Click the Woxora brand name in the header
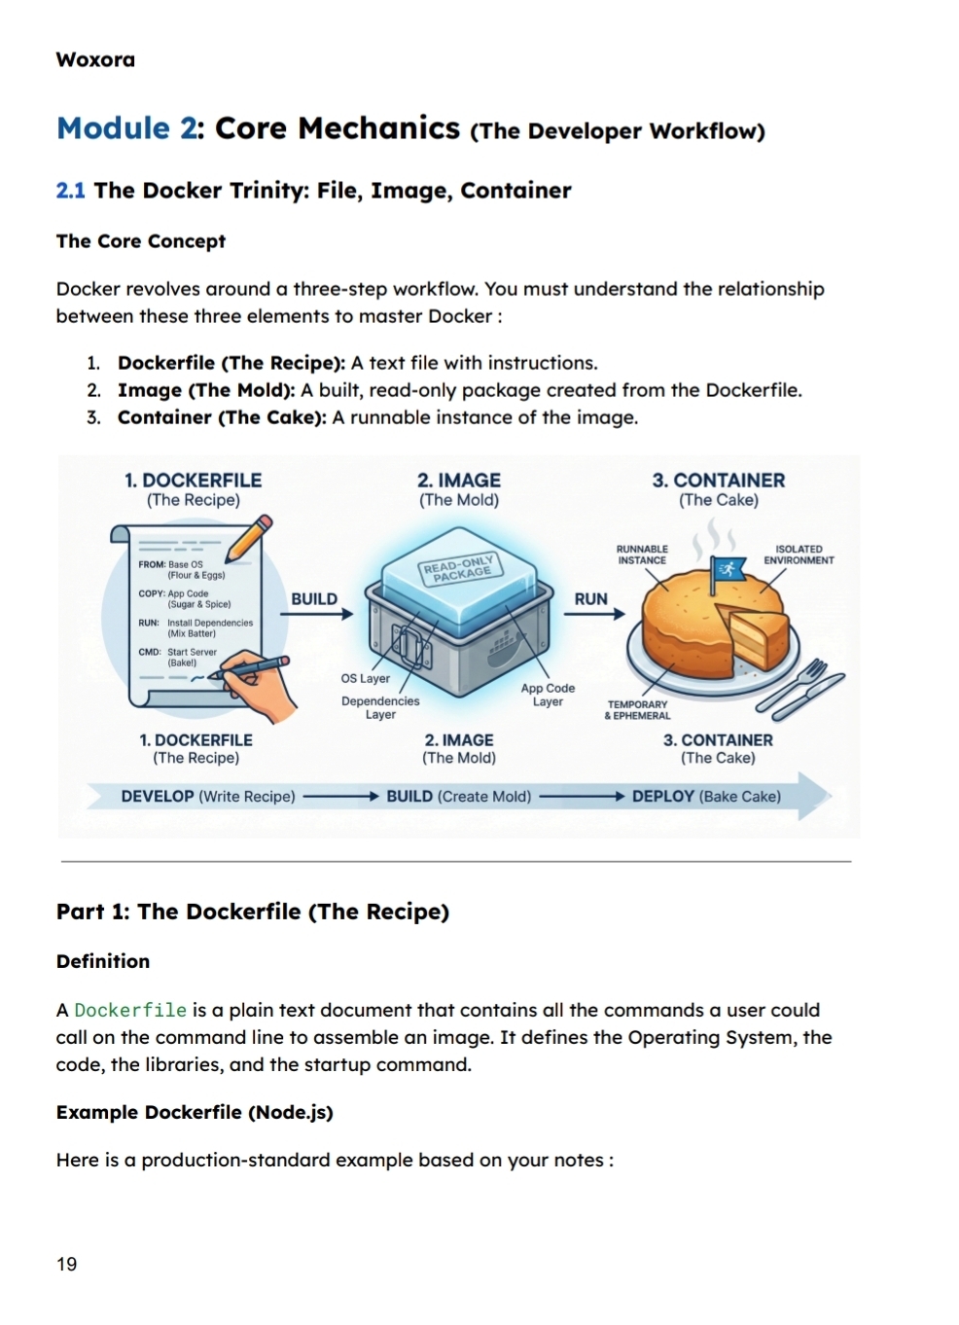pos(95,59)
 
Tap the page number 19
pos(66,1264)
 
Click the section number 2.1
pos(70,191)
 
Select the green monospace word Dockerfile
pos(130,1010)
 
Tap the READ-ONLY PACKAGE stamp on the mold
pos(458,568)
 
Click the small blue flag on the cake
pos(726,568)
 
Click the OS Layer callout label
pos(365,679)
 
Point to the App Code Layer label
pos(548,695)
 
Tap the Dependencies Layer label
pos(380,707)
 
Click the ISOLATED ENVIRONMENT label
pos(799,555)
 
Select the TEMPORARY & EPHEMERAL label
pos(637,710)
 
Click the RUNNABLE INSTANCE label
pos(642,555)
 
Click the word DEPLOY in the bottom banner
pos(662,797)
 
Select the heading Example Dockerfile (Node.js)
pos(195,1113)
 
